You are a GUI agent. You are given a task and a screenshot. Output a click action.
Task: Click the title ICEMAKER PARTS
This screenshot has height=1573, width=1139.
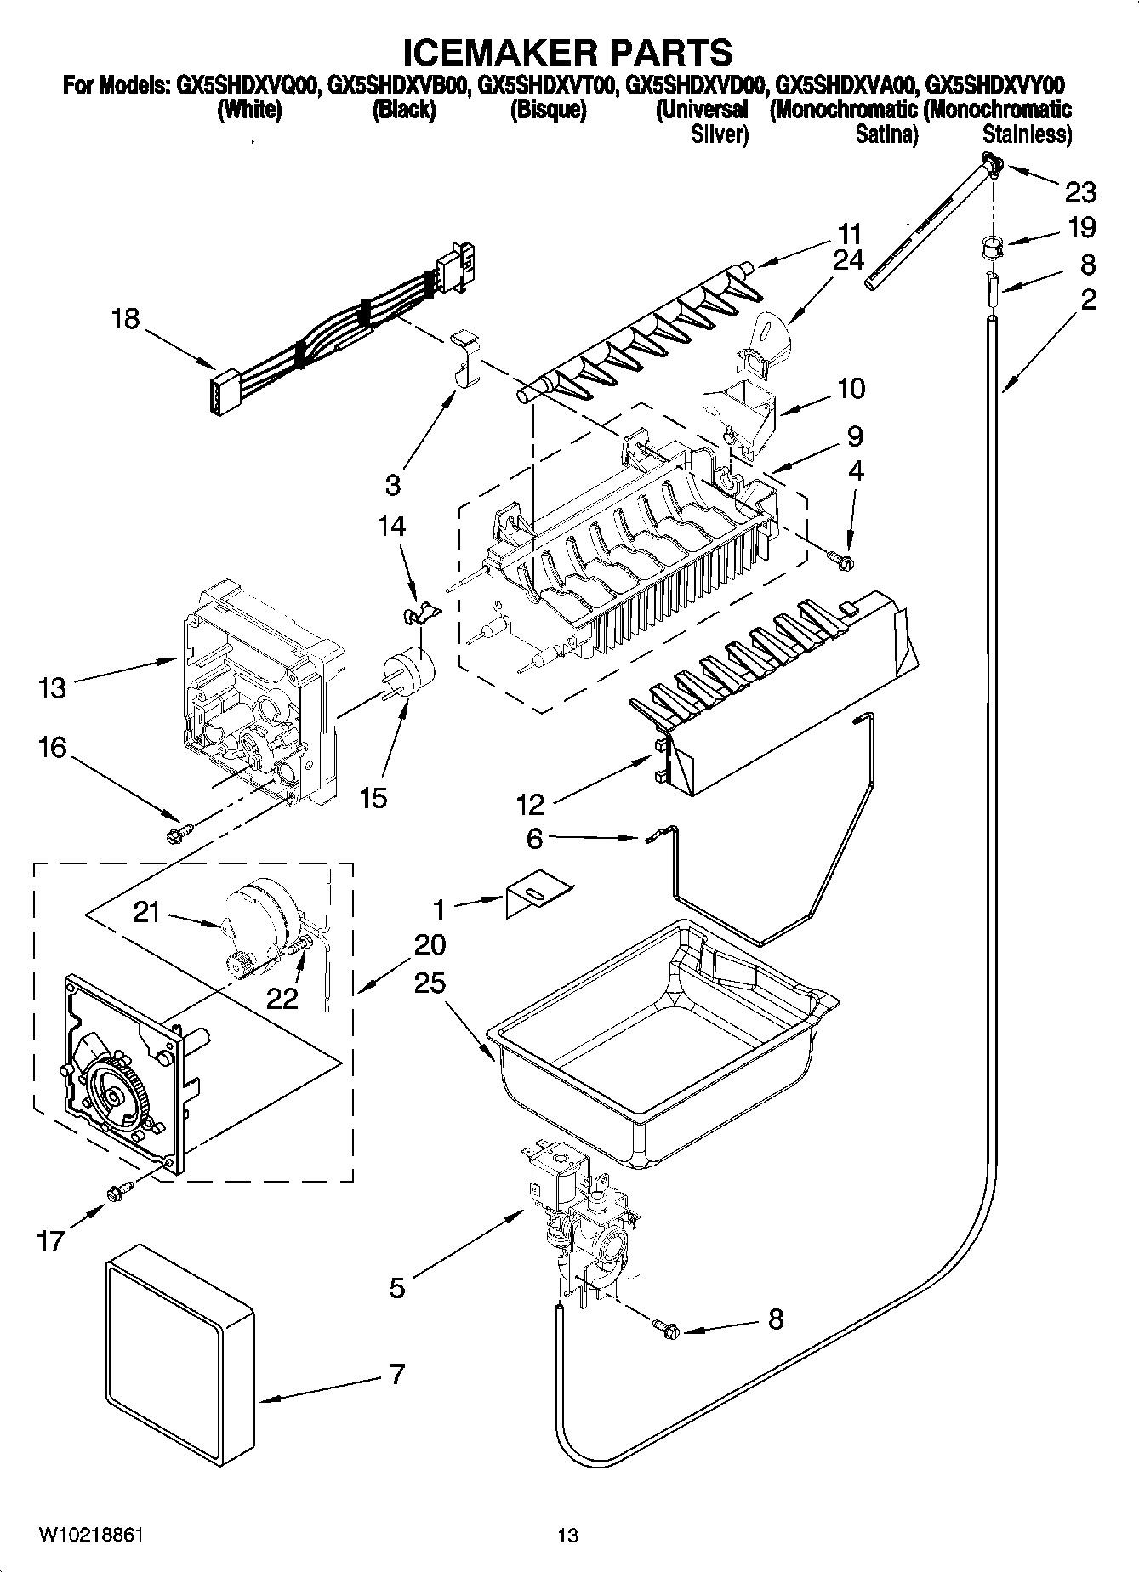point(567,53)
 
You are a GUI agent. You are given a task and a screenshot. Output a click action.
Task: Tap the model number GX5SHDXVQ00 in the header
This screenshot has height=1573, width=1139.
point(248,85)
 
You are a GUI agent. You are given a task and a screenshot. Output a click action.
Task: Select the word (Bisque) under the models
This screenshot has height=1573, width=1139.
point(548,110)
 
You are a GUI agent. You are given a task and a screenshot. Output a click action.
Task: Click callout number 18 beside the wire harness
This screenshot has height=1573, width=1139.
point(126,320)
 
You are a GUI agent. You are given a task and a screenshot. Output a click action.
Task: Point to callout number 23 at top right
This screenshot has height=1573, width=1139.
point(1080,193)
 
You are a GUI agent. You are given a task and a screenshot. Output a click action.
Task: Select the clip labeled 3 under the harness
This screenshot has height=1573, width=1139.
point(464,357)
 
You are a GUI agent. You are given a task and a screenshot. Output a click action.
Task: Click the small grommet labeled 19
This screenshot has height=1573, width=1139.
point(988,247)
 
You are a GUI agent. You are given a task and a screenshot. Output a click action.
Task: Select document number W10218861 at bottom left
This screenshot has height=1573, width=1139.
point(90,1535)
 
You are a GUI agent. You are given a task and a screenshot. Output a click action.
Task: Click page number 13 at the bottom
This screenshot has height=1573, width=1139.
point(567,1536)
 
